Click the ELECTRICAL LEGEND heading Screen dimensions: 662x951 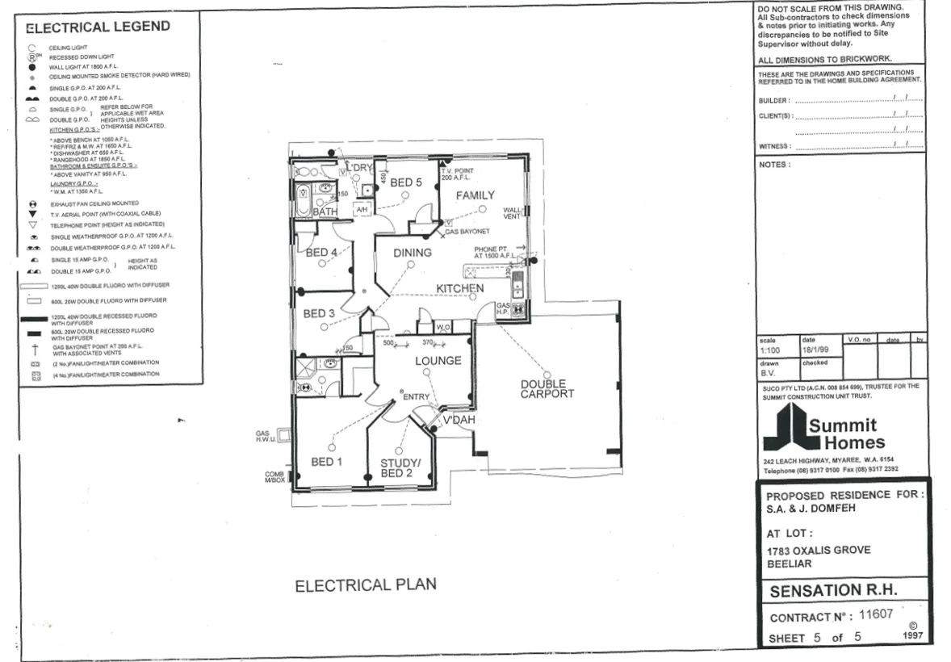(98, 27)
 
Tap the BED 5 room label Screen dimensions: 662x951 (406, 183)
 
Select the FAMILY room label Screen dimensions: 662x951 (475, 196)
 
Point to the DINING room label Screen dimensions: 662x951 (413, 253)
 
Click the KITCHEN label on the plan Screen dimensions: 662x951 (460, 288)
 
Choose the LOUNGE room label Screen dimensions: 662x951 (438, 361)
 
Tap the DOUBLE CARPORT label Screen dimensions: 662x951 (547, 388)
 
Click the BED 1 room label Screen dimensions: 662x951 (327, 462)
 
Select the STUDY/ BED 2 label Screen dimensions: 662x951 (401, 467)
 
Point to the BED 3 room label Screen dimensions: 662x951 (319, 313)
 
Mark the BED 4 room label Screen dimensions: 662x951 (321, 253)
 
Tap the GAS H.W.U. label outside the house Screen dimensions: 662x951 (265, 437)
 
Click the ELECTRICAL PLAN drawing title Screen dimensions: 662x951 (366, 585)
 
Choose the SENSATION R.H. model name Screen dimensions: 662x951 (833, 590)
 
